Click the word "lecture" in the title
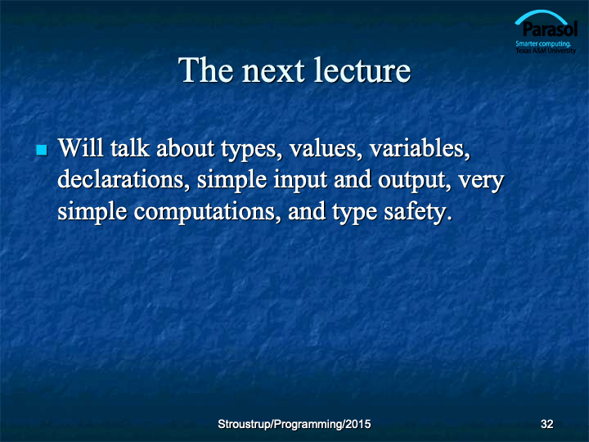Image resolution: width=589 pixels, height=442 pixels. [x=362, y=70]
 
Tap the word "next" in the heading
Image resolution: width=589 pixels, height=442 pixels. [x=273, y=71]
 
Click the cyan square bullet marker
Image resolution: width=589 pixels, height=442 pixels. [x=42, y=150]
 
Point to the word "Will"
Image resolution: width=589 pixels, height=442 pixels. [x=80, y=147]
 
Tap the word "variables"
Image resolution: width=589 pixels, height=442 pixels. [x=420, y=148]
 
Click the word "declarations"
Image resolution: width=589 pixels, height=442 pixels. [x=124, y=179]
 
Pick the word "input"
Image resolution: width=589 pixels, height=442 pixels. [x=300, y=181]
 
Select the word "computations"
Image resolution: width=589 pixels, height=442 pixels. [x=207, y=213]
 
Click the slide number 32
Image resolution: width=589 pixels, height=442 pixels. [x=546, y=424]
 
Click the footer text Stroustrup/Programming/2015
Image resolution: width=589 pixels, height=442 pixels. [x=294, y=424]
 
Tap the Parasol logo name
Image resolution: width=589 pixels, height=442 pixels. [x=550, y=29]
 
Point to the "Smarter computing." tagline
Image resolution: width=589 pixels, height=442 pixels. [x=543, y=44]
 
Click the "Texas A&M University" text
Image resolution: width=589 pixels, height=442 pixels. [x=546, y=51]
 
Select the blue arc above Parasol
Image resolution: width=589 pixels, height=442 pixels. [x=541, y=13]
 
